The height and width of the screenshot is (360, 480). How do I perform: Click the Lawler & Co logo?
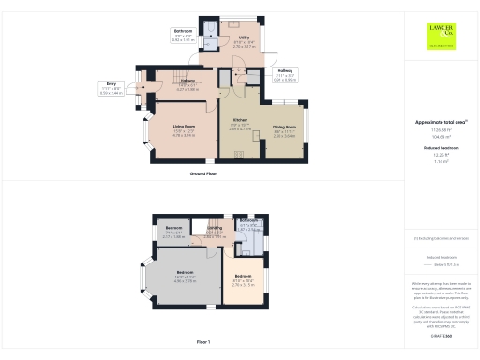point(442,35)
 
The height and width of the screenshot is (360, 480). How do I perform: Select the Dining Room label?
point(285,127)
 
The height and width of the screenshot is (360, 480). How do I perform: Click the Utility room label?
point(243,40)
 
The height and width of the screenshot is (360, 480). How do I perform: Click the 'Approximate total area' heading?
point(441,123)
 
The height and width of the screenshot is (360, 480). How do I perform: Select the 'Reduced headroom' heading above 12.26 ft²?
point(441,146)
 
